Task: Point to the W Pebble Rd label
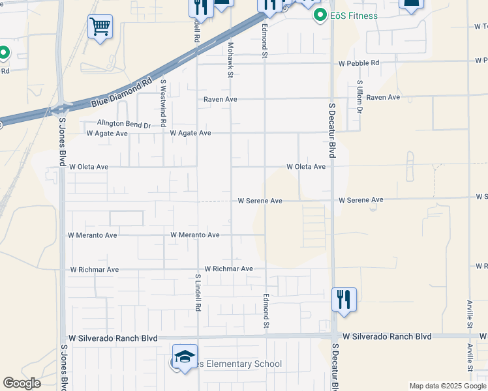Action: [x=358, y=63]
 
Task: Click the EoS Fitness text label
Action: [x=353, y=16]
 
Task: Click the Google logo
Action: [x=22, y=383]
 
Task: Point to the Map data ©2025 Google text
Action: [x=447, y=386]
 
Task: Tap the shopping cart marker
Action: [x=100, y=27]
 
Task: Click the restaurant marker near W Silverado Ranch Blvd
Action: [x=344, y=300]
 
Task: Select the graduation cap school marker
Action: [x=185, y=356]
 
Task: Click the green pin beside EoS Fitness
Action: [x=320, y=15]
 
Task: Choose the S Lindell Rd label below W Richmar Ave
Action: [x=197, y=292]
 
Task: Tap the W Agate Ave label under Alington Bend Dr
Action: [x=107, y=133]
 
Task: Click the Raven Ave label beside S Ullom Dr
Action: [x=383, y=97]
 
